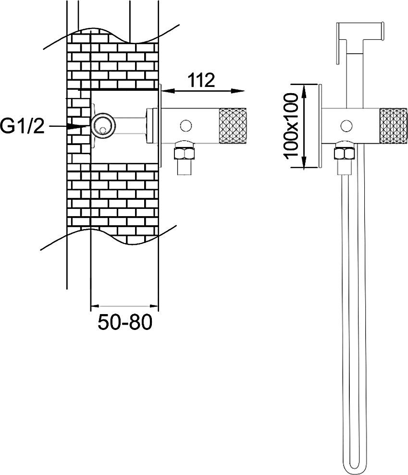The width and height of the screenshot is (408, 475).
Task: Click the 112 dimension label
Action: (x=201, y=80)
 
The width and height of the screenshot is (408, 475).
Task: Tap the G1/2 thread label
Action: (x=23, y=126)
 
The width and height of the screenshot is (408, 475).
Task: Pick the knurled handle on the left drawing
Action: (x=232, y=125)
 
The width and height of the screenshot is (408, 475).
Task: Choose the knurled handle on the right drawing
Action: (x=394, y=125)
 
